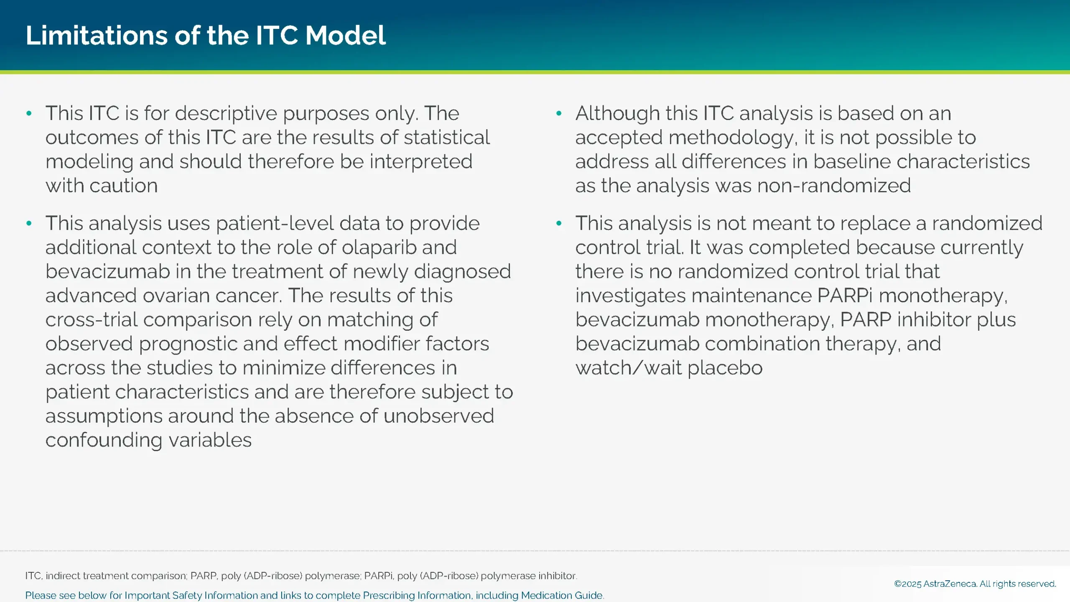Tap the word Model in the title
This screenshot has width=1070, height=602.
pos(345,35)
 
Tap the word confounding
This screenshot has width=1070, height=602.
pos(104,440)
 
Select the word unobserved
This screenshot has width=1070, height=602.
pos(439,416)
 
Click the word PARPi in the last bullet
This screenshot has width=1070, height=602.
pos(845,296)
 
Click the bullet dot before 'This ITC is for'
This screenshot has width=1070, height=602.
pos(29,113)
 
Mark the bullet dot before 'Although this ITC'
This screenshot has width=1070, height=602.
pos(559,113)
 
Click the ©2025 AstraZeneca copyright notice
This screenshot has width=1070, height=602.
pos(975,584)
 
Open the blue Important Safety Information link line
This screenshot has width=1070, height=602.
pos(314,595)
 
